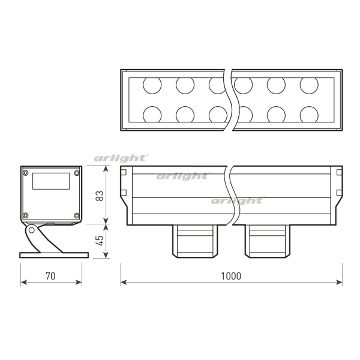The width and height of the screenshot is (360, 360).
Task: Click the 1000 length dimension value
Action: coord(230,276)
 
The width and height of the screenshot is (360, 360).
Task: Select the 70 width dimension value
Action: coord(50,276)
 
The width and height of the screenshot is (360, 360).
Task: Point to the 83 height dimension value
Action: coord(100,195)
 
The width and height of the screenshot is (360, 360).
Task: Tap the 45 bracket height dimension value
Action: coord(100,240)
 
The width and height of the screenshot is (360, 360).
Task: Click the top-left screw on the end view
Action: coord(25,173)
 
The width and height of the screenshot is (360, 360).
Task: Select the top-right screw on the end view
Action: coord(76,173)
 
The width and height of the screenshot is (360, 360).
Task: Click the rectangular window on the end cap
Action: coord(50,181)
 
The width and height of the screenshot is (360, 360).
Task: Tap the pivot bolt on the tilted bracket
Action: coord(31,229)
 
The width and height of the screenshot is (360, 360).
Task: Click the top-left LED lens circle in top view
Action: coord(152,86)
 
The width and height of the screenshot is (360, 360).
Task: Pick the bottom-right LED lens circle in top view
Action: coord(308,114)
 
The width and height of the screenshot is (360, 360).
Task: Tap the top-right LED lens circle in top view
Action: coord(308,86)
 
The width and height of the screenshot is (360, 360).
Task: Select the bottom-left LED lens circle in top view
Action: coord(152,114)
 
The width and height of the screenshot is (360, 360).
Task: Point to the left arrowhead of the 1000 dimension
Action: coord(124,281)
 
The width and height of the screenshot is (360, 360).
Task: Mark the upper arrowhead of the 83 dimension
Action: coord(106,169)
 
